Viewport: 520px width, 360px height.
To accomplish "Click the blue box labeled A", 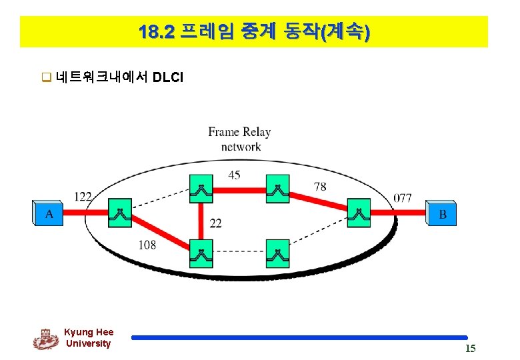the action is (49, 213).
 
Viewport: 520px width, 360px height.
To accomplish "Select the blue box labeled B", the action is (442, 213).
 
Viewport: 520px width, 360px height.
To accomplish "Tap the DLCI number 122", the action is (83, 196).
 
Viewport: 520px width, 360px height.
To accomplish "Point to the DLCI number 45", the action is (234, 175).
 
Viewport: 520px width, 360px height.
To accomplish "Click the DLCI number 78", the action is (320, 186).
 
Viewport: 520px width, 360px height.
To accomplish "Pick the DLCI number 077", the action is (403, 198).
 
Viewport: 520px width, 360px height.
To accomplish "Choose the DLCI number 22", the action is (215, 223).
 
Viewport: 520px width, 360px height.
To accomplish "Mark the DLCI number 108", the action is (147, 245).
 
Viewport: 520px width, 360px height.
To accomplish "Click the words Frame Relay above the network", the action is (239, 132).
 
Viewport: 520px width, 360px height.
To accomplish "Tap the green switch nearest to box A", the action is (120, 213).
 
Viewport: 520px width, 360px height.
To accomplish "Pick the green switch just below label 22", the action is (201, 253).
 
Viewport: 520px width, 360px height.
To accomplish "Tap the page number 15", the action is (470, 349).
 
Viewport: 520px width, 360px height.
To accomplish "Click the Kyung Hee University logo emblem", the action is (45, 339).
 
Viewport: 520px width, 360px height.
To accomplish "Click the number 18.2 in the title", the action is (157, 31).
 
